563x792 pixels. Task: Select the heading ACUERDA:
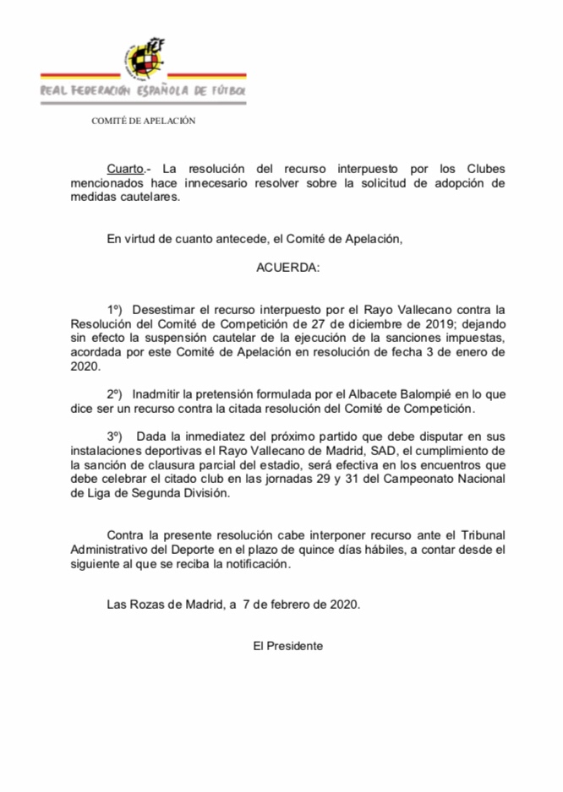pyautogui.click(x=288, y=268)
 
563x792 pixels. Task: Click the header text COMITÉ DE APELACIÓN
pyautogui.click(x=144, y=121)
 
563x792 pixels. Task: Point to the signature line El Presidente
pyautogui.click(x=288, y=645)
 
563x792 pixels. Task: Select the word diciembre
pyautogui.click(x=392, y=324)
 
